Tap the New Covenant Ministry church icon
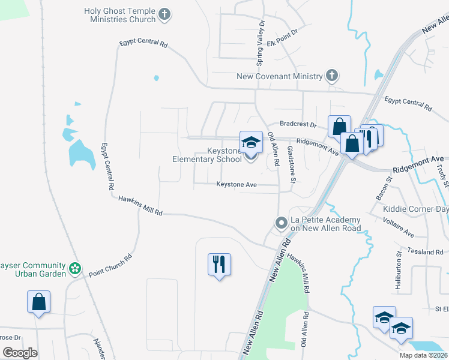[331, 76]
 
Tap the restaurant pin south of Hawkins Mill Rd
[219, 264]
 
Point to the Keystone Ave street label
[237, 185]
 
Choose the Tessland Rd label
[424, 252]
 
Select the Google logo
[20, 353]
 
